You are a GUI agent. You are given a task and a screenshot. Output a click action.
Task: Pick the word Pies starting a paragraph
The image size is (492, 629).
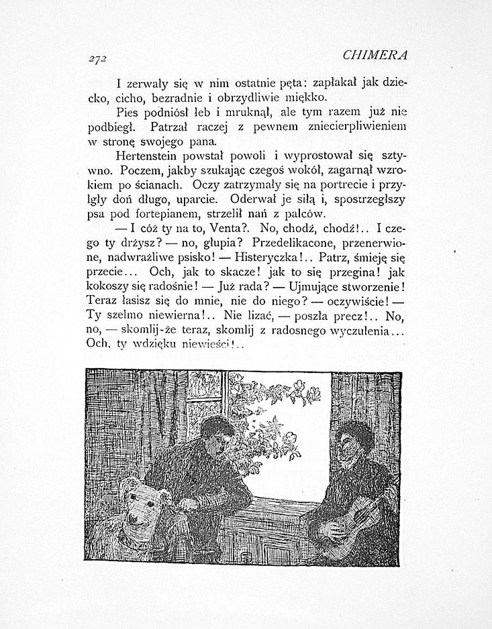click(x=128, y=112)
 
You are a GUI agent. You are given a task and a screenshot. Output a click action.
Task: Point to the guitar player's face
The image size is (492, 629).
click(x=356, y=446)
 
